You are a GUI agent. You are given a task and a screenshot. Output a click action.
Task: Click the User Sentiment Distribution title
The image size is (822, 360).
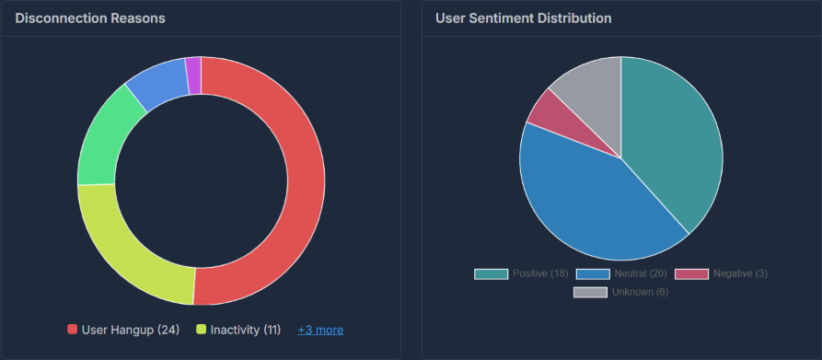coord(524,18)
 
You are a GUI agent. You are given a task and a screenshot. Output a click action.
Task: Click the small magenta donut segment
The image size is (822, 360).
coord(193,75)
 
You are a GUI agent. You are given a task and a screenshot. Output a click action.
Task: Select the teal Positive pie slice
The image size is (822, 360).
coord(672,129)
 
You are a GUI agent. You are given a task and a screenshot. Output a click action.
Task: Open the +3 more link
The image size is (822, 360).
coord(320,330)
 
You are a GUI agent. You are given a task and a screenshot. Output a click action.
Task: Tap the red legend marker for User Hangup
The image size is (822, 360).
coord(73,330)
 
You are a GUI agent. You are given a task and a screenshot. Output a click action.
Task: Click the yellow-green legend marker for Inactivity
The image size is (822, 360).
coord(201,330)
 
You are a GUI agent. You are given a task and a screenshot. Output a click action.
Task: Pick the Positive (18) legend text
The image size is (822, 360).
coord(539,274)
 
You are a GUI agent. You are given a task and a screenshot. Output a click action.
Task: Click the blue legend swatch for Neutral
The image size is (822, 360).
coord(592,274)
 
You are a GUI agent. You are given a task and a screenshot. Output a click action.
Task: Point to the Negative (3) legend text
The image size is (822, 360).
coord(740,274)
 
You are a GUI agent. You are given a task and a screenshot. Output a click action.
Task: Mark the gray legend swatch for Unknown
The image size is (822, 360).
coord(590,292)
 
